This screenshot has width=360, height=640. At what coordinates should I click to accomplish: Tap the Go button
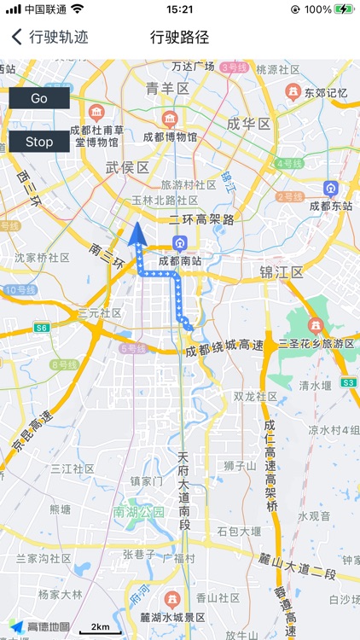tap(39, 98)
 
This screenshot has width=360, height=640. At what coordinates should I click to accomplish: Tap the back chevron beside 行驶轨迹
tap(16, 38)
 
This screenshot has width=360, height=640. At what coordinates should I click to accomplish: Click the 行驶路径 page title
tap(179, 38)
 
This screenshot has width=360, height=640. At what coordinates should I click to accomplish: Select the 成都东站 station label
tap(331, 205)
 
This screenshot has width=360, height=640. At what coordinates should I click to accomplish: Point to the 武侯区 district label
tap(127, 167)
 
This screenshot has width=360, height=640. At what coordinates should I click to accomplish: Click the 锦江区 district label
tap(282, 272)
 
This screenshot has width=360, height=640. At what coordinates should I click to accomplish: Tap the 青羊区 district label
tap(167, 88)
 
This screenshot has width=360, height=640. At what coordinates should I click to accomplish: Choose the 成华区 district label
tap(248, 124)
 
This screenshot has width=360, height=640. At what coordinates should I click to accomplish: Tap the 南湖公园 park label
tap(138, 512)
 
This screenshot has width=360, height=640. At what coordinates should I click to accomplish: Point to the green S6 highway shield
tap(42, 327)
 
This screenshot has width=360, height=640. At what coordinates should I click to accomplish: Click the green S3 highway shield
tap(348, 382)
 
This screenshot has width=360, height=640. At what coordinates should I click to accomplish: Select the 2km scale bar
tap(100, 629)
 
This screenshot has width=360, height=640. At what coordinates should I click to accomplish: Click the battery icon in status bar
tap(344, 9)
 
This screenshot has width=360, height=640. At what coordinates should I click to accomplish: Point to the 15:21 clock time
tap(180, 9)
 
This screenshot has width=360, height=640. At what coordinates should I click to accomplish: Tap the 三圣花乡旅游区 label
tap(316, 343)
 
